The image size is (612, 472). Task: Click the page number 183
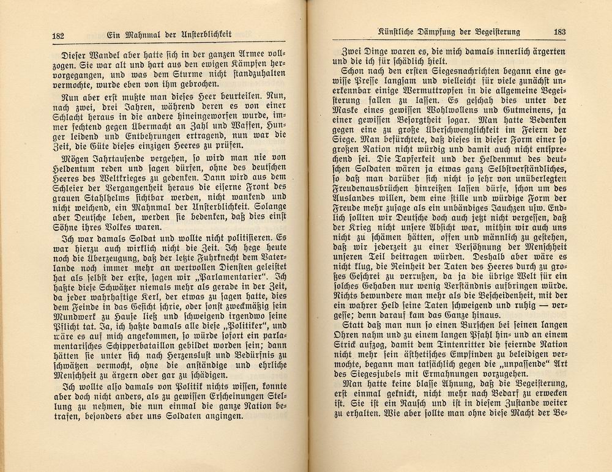tap(558, 33)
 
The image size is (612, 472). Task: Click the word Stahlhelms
tap(111, 197)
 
